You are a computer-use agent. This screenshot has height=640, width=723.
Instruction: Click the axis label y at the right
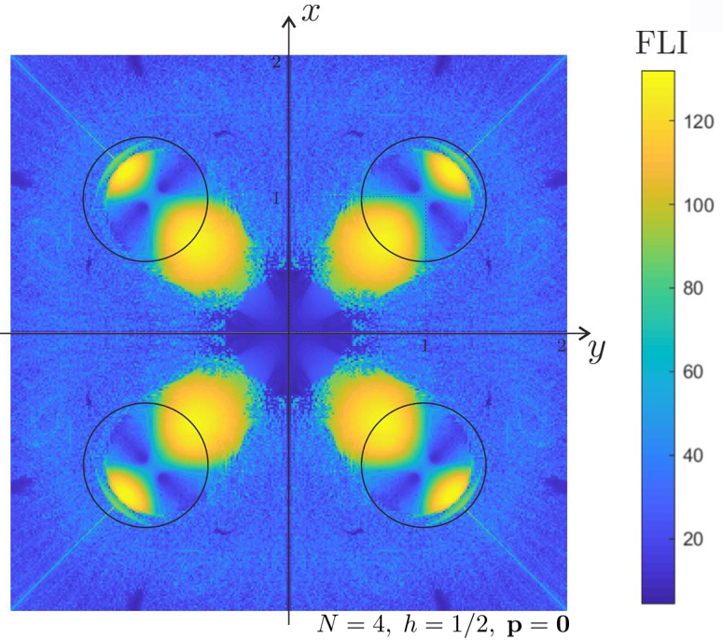coord(597,351)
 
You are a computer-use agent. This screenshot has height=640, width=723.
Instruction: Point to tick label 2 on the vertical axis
coord(276,62)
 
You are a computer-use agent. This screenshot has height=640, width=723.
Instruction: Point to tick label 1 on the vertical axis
coord(276,198)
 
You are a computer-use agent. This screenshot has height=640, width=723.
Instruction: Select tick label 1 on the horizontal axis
coord(426,345)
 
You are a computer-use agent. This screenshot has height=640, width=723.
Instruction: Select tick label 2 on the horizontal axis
coord(562,345)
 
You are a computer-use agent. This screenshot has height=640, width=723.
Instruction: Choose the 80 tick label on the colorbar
coord(696,288)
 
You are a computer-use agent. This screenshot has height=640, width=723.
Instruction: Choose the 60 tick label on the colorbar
coord(696,372)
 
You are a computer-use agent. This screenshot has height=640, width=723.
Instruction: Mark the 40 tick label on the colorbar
coord(696,456)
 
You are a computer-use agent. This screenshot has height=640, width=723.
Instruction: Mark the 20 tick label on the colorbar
coord(696,540)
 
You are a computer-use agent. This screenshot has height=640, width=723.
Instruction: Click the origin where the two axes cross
coord(290,333)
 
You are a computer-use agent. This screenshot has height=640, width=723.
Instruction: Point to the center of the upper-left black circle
coord(146,198)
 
